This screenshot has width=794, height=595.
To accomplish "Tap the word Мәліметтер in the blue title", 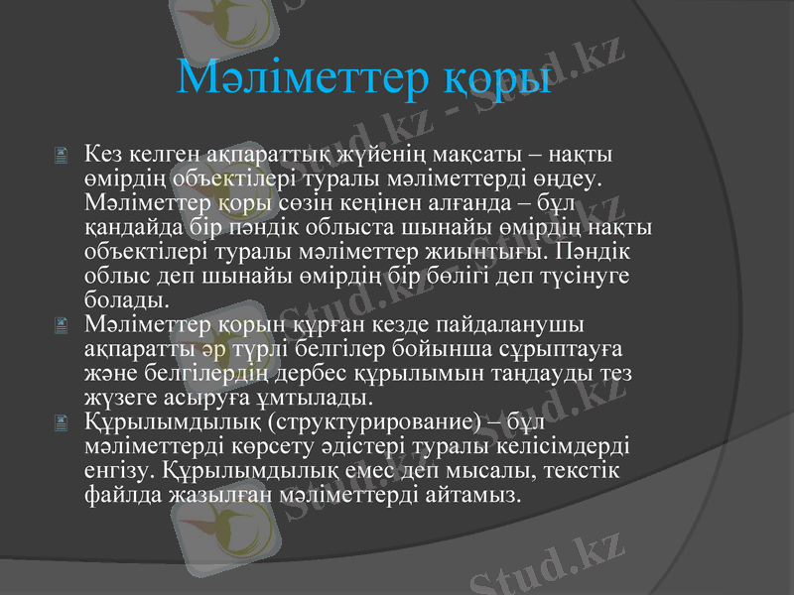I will (302, 77).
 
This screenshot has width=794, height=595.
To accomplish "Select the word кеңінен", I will (373, 202).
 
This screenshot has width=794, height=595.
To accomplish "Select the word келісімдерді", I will (556, 445).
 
